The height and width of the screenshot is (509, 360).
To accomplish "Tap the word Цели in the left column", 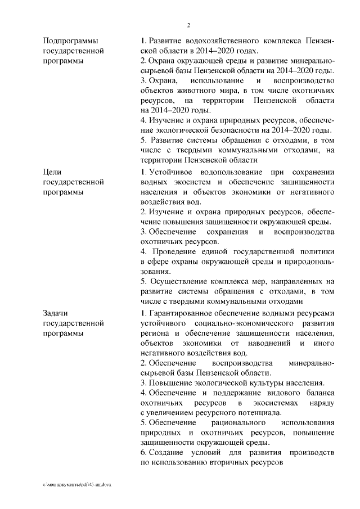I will click(x=52, y=172).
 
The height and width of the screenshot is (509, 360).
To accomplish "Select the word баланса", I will click(x=319, y=393).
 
